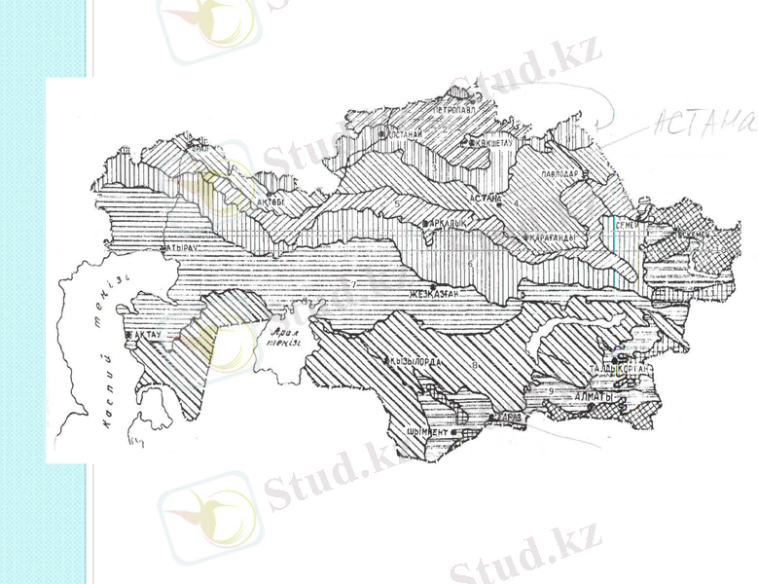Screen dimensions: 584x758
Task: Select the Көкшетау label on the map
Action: coord(493,142)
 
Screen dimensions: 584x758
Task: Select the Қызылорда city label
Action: coord(418,361)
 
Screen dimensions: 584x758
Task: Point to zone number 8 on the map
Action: coord(475,364)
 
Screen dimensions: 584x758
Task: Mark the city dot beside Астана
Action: coord(499,203)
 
